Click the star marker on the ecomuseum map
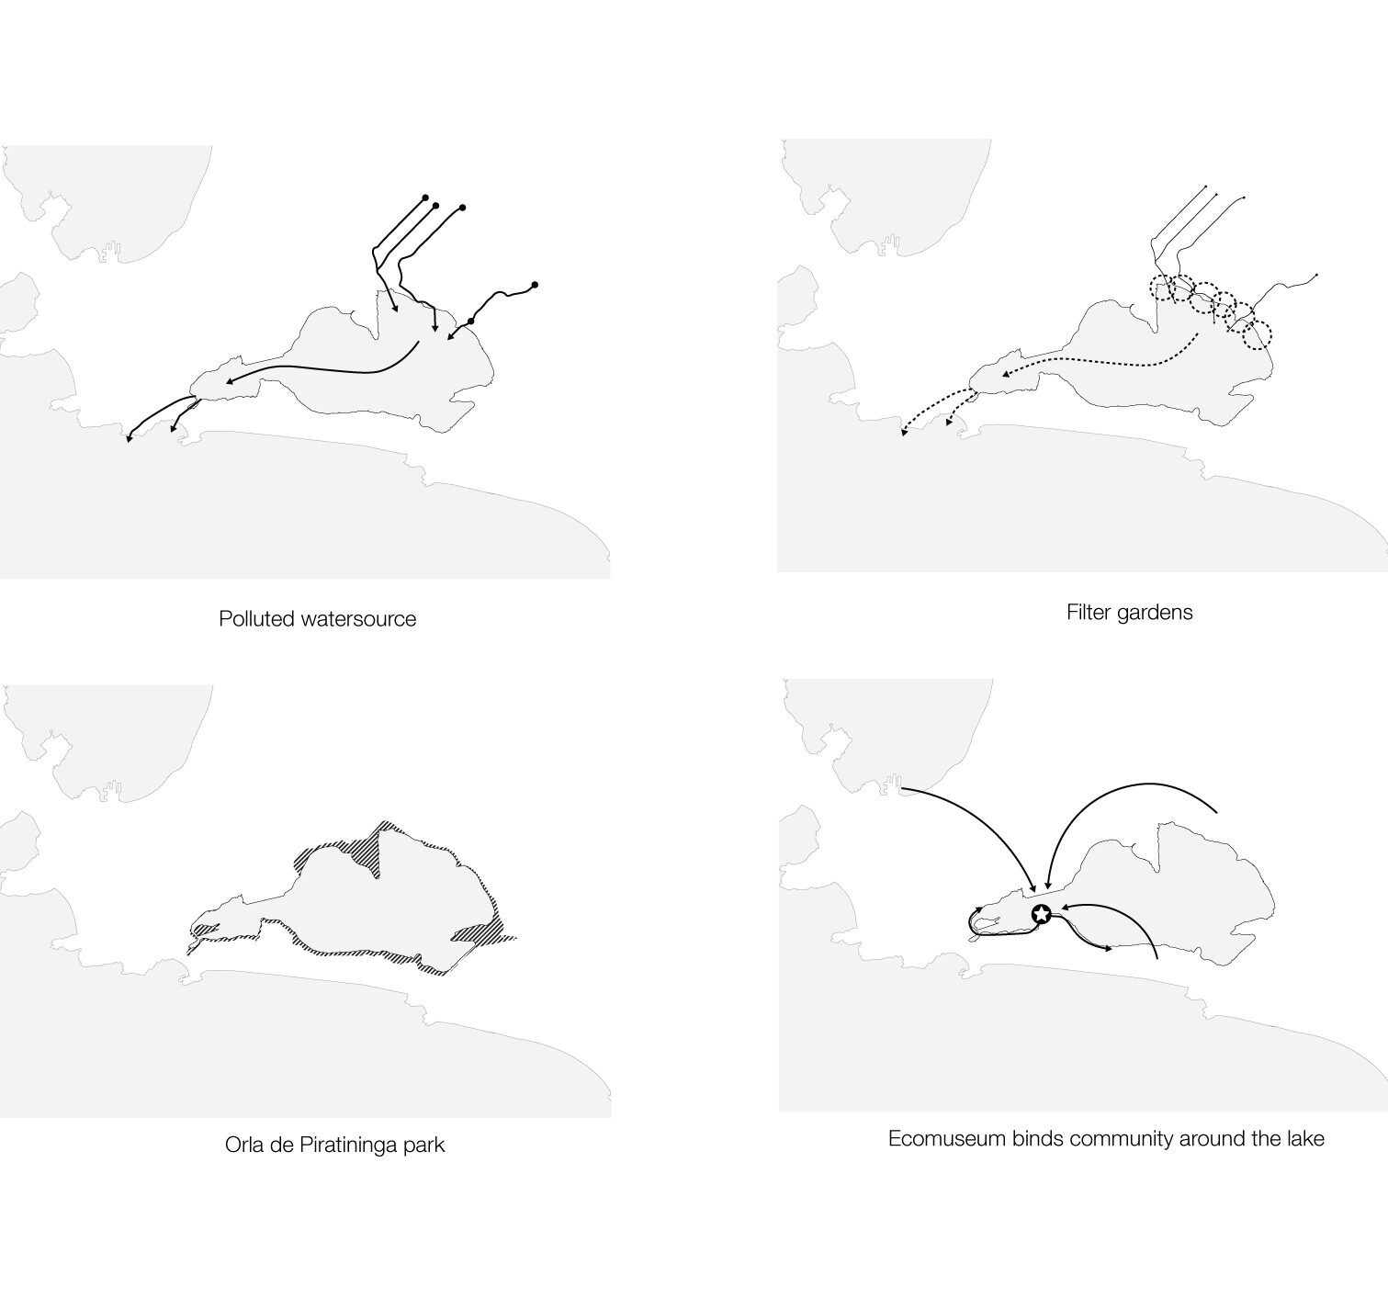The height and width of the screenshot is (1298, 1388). pyautogui.click(x=1042, y=914)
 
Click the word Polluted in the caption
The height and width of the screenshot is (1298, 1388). pyautogui.click(x=250, y=618)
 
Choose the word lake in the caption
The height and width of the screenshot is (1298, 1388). pyautogui.click(x=1305, y=1139)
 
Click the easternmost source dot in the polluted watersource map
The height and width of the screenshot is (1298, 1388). pyautogui.click(x=535, y=285)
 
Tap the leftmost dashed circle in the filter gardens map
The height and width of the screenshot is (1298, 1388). pyautogui.click(x=1162, y=288)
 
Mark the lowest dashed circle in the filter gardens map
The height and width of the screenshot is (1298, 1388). pyautogui.click(x=1258, y=334)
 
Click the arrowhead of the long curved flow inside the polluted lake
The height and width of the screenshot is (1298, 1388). pyautogui.click(x=229, y=382)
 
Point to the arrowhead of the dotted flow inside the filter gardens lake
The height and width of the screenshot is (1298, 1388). pyautogui.click(x=1005, y=375)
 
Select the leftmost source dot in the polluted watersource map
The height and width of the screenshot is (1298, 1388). pyautogui.click(x=425, y=198)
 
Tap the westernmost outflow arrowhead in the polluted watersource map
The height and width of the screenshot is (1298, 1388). pyautogui.click(x=129, y=439)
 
